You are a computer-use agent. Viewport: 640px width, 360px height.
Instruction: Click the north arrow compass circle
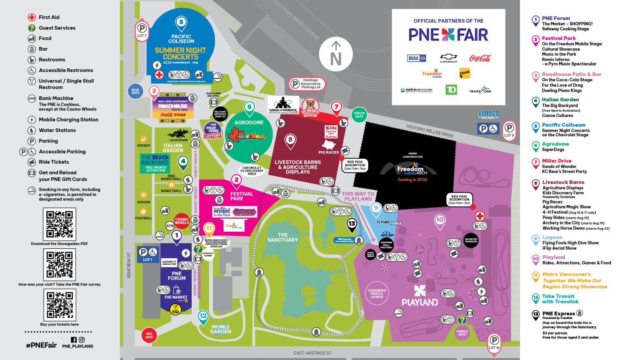[336, 55]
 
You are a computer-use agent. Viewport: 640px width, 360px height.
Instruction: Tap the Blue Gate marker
[135, 92]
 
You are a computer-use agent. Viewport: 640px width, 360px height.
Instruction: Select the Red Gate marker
[149, 335]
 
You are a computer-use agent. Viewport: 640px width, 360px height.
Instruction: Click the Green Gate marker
[359, 114]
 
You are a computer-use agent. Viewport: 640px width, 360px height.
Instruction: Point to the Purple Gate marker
[462, 333]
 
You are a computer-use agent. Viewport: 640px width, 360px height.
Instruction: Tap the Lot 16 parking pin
[494, 343]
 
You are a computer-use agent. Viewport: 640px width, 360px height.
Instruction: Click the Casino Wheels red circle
[182, 221]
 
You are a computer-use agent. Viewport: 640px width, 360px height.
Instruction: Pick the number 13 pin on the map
[352, 225]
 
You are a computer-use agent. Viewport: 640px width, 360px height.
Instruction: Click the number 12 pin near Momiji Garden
[203, 317]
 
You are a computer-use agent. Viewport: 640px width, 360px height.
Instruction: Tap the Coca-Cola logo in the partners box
[480, 58]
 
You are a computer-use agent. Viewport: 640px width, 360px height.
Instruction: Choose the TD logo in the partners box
[451, 90]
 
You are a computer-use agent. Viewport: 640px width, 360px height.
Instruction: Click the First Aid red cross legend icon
[32, 17]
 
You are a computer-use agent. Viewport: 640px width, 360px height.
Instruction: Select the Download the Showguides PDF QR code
[59, 224]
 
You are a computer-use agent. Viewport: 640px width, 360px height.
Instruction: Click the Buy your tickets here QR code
[59, 305]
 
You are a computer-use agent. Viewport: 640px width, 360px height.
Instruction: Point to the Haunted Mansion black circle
[471, 240]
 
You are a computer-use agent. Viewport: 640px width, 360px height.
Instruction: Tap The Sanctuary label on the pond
[282, 237]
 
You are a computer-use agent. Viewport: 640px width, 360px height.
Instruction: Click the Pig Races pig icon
[330, 145]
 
